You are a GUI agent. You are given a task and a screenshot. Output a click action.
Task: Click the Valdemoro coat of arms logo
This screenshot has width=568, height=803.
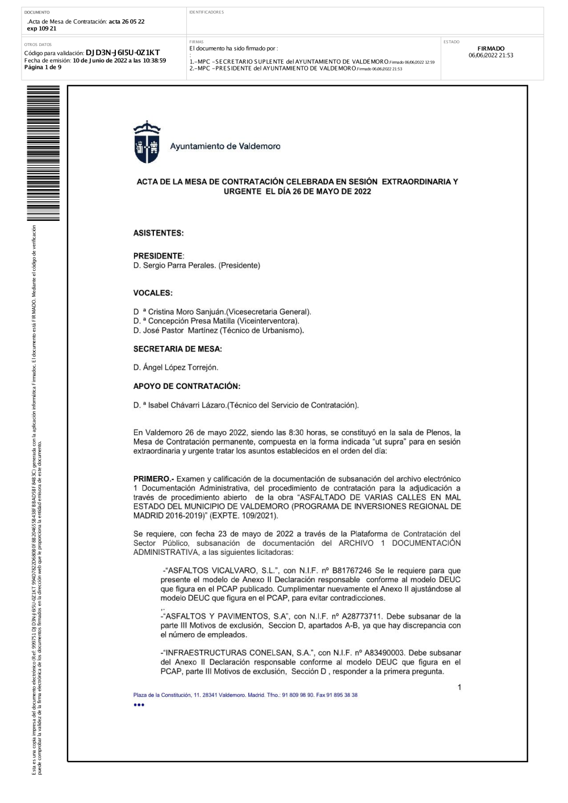pyautogui.click(x=147, y=143)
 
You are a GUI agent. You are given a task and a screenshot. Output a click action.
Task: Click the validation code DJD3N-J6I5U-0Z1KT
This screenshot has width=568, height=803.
pyautogui.click(x=123, y=53)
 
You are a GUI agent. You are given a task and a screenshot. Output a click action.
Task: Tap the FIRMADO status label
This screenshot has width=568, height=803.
pyautogui.click(x=491, y=49)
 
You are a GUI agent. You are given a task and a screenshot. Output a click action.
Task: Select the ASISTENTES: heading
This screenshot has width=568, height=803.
pyautogui.click(x=158, y=233)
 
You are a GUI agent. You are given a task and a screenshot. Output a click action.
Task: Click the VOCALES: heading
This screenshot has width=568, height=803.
pyautogui.click(x=153, y=293)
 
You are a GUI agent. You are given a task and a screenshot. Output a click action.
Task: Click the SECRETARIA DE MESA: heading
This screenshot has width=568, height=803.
pyautogui.click(x=178, y=349)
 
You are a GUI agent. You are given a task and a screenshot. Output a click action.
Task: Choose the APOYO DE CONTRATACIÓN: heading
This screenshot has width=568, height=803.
pyautogui.click(x=187, y=386)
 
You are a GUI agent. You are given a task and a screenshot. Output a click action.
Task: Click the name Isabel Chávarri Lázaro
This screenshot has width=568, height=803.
pyautogui.click(x=187, y=405)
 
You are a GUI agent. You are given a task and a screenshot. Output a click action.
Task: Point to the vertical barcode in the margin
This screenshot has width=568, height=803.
pyautogui.click(x=43, y=153)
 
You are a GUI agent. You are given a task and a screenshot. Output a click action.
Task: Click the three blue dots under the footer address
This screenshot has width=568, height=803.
pyautogui.click(x=139, y=705)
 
